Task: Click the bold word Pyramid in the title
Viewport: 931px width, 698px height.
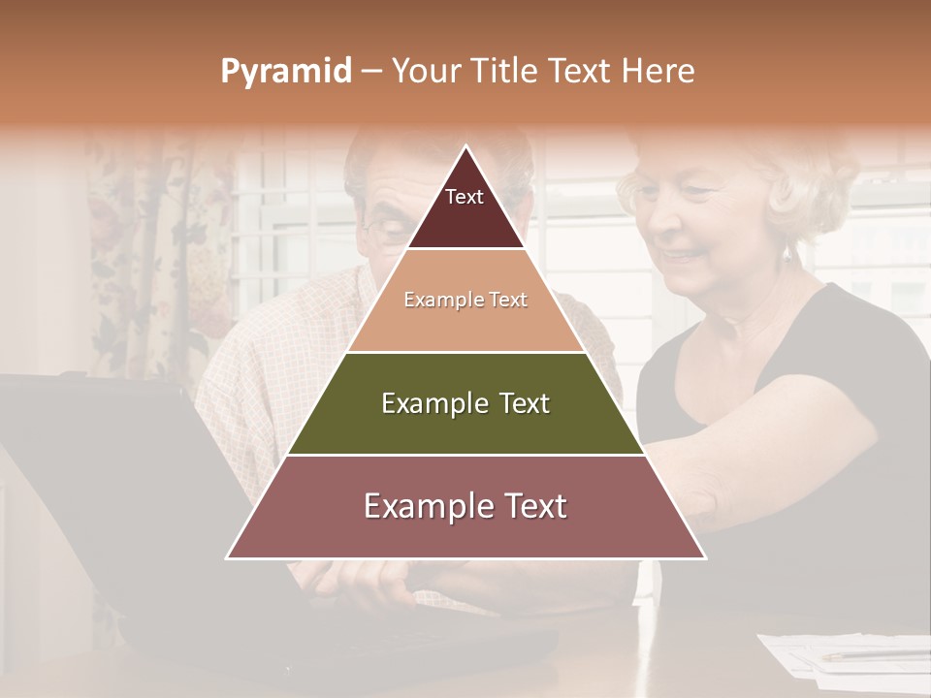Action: [x=285, y=72]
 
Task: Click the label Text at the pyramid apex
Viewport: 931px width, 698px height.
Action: [x=464, y=197]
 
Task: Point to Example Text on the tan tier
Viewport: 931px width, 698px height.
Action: [x=465, y=300]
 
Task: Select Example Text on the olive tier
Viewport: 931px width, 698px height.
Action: [x=465, y=403]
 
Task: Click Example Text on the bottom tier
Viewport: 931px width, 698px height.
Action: [x=465, y=506]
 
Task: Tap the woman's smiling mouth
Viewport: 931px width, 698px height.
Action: [x=682, y=258]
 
